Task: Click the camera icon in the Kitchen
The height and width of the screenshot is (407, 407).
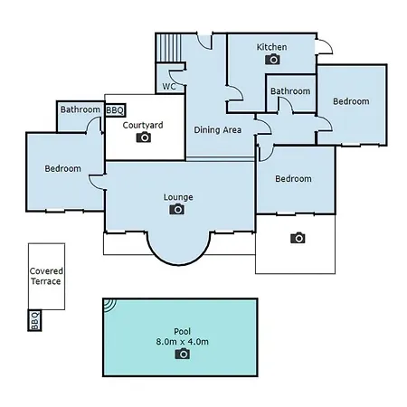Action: click(272, 59)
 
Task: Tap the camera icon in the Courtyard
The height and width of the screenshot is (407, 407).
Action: click(144, 137)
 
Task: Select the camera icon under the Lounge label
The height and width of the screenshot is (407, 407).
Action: click(177, 209)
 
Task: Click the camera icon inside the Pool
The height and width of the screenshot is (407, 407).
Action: click(183, 354)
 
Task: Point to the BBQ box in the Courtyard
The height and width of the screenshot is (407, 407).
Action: click(115, 110)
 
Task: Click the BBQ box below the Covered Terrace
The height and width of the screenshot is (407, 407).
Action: click(34, 320)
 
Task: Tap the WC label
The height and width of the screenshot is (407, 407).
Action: click(169, 87)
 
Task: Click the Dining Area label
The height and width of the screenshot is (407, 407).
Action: click(217, 129)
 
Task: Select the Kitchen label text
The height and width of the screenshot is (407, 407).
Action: click(271, 47)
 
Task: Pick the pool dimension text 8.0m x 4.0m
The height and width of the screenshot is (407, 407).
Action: click(183, 342)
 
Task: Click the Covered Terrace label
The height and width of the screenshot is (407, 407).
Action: click(46, 276)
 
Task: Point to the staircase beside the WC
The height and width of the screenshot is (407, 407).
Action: click(169, 48)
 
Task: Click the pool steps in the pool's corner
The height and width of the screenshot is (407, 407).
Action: click(109, 305)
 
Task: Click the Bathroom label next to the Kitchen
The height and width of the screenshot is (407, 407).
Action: click(290, 91)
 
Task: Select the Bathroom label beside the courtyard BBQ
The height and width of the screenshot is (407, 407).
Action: click(80, 109)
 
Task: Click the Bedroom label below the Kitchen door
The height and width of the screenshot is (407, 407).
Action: click(351, 101)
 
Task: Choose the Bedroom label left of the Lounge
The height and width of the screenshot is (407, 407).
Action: click(63, 168)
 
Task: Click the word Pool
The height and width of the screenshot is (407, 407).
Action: click(183, 331)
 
